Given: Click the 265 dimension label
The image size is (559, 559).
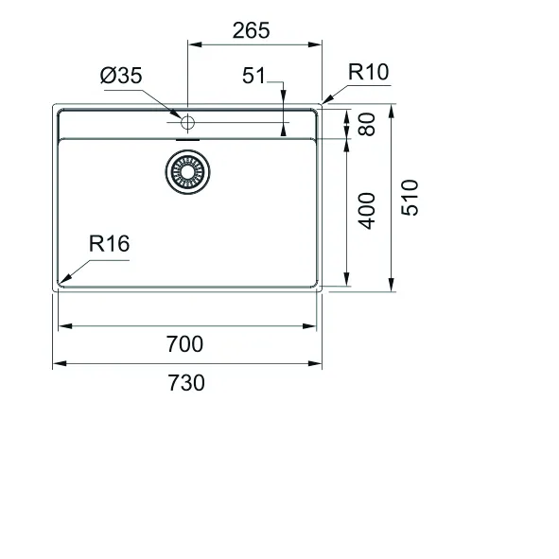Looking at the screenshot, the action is pyautogui.click(x=251, y=30).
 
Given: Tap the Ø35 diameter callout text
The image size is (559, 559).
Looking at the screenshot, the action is pyautogui.click(x=121, y=76).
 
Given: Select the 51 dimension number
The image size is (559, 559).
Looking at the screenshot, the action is pyautogui.click(x=253, y=76).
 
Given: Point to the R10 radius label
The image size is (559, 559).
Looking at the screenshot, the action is pyautogui.click(x=368, y=72).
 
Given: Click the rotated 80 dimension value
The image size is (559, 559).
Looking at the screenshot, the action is pyautogui.click(x=367, y=124).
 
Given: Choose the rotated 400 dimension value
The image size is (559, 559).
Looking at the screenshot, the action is pyautogui.click(x=367, y=211).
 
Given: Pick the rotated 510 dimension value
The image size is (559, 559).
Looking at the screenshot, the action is pyautogui.click(x=410, y=198).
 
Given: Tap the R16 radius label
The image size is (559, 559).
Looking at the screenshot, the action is pyautogui.click(x=109, y=244).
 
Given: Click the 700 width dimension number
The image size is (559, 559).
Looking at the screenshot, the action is pyautogui.click(x=184, y=344).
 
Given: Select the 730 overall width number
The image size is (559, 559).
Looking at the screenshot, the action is pyautogui.click(x=186, y=383).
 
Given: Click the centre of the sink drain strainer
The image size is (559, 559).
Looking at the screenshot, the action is pyautogui.click(x=187, y=172).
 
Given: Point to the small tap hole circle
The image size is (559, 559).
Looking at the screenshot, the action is pyautogui.click(x=187, y=123).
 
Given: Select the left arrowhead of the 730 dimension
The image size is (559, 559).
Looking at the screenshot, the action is pyautogui.click(x=60, y=363).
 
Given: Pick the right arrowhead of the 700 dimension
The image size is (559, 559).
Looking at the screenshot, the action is pyautogui.click(x=309, y=325).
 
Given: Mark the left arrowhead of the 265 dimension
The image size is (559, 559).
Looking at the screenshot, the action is pyautogui.click(x=195, y=44).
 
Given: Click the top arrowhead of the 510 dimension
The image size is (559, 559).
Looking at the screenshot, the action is pyautogui.click(x=392, y=112).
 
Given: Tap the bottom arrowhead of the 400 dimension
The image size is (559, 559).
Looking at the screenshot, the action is pyautogui.click(x=346, y=279).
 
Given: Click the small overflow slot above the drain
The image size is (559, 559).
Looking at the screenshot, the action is pyautogui.click(x=188, y=140).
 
